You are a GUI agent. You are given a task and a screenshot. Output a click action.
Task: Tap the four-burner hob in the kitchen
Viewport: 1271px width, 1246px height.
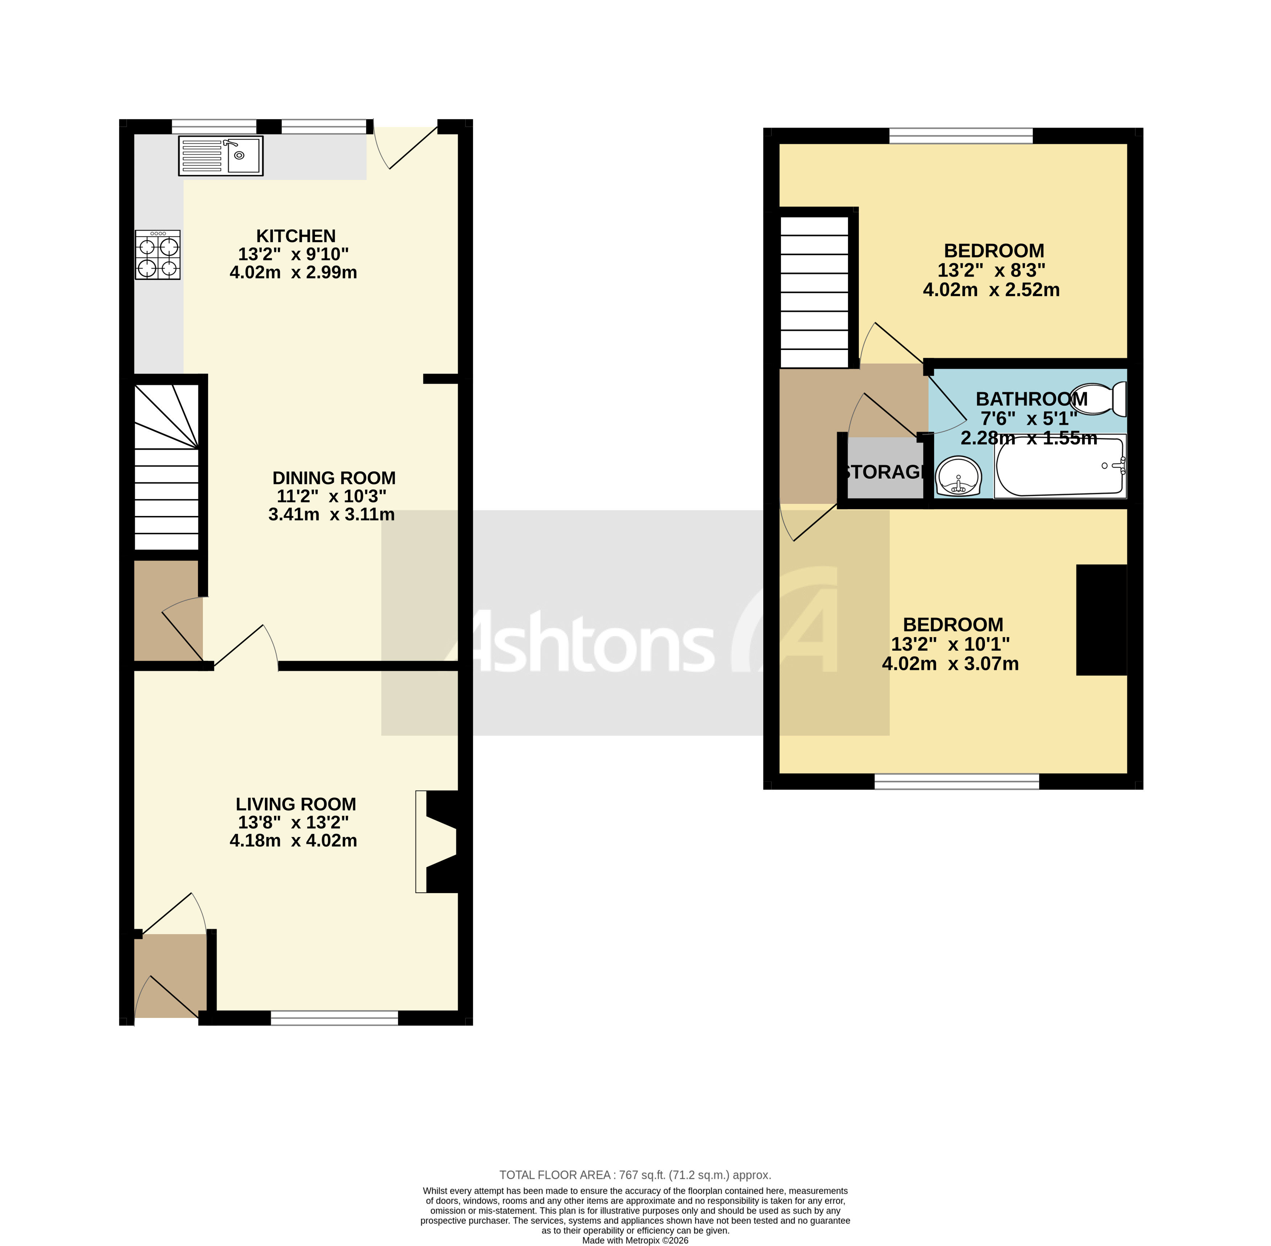click(158, 255)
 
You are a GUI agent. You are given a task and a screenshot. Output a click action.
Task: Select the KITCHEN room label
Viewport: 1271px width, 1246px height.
click(296, 236)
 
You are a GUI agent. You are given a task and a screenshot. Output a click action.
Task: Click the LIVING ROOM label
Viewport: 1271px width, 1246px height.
click(296, 804)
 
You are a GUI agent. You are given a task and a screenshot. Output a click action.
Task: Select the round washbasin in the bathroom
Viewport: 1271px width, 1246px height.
click(958, 476)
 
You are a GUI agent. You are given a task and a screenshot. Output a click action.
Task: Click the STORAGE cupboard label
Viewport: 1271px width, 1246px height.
click(884, 472)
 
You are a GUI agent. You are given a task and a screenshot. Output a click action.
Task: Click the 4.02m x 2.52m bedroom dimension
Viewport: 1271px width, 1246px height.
click(991, 290)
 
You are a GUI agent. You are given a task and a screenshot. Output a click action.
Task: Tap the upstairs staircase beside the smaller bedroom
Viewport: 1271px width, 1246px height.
click(814, 292)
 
